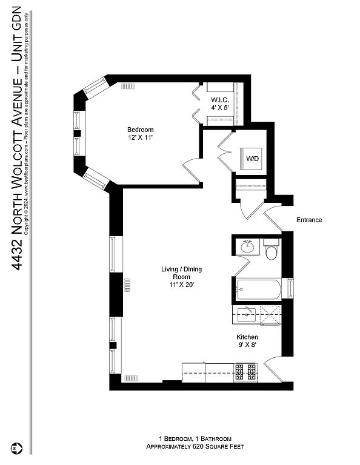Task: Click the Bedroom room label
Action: click(x=140, y=133)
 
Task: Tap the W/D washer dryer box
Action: click(x=251, y=159)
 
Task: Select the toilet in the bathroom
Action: click(x=272, y=249)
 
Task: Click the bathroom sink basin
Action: click(x=247, y=246)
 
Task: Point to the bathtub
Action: click(x=258, y=289)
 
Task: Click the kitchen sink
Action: click(x=246, y=314)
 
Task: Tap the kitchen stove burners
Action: click(x=245, y=372)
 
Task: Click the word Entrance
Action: click(x=309, y=220)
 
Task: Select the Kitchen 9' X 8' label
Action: click(x=247, y=341)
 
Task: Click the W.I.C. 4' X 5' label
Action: click(x=220, y=104)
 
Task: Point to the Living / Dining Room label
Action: click(x=181, y=277)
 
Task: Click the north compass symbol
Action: click(x=16, y=448)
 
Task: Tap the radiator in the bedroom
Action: click(x=128, y=87)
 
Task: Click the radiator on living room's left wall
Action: click(x=127, y=285)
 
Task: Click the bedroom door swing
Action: click(x=192, y=171)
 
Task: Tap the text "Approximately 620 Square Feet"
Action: click(x=195, y=446)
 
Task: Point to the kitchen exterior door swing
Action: click(x=273, y=369)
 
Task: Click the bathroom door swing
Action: click(x=242, y=266)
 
